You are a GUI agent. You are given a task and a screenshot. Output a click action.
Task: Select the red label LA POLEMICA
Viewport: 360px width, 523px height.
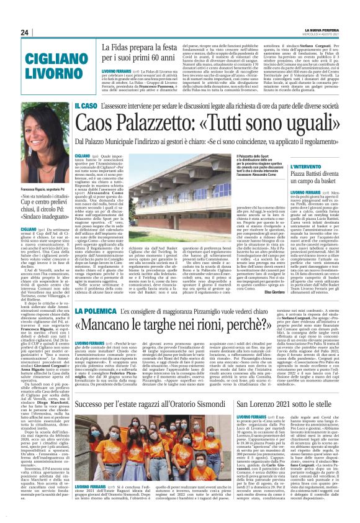pos(112,311)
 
